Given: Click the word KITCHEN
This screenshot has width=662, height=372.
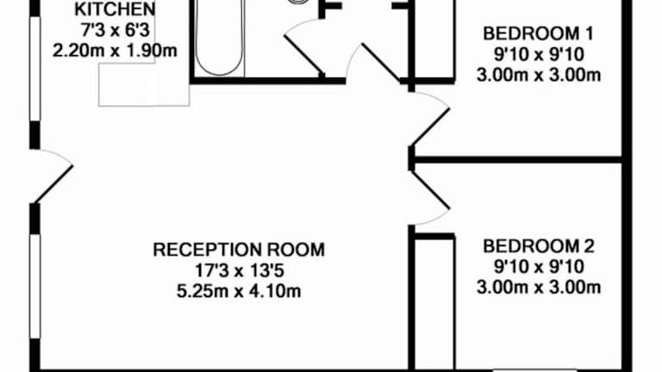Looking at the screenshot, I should [x=116, y=10].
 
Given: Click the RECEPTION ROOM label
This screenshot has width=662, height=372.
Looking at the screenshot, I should [x=239, y=251].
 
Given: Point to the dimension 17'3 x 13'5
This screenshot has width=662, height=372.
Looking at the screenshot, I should [x=239, y=270].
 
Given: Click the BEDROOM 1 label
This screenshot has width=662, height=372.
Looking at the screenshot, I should [x=539, y=34].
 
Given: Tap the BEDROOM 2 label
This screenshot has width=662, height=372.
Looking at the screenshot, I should [x=539, y=246].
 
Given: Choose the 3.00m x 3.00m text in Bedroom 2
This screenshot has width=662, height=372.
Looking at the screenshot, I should [x=539, y=286].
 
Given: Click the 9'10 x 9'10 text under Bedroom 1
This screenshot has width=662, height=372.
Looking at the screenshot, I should [x=539, y=54].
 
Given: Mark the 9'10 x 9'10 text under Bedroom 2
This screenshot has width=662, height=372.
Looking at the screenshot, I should [x=539, y=266].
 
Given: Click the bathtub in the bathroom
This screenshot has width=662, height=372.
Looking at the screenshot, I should [x=220, y=39].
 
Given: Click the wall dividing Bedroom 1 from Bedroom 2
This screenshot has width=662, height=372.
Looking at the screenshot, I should [x=517, y=159].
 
